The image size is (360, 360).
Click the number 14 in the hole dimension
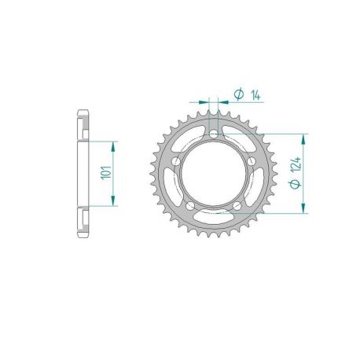pos(257,94)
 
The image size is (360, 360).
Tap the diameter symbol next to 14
pos(238,94)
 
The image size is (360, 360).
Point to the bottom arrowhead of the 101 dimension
pos(115,201)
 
